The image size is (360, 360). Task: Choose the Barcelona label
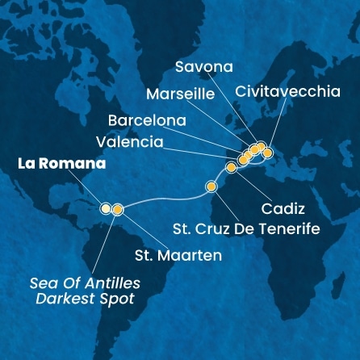pos(147,120)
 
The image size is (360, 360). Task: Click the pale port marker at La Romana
pos(105,209)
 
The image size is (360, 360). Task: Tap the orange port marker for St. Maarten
pos(118,210)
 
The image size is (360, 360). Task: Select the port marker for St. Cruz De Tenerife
pos(212,187)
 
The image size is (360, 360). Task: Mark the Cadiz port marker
pos(232,167)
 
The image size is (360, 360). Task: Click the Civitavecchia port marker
pos(268,152)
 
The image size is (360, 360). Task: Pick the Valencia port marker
pos(243,159)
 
